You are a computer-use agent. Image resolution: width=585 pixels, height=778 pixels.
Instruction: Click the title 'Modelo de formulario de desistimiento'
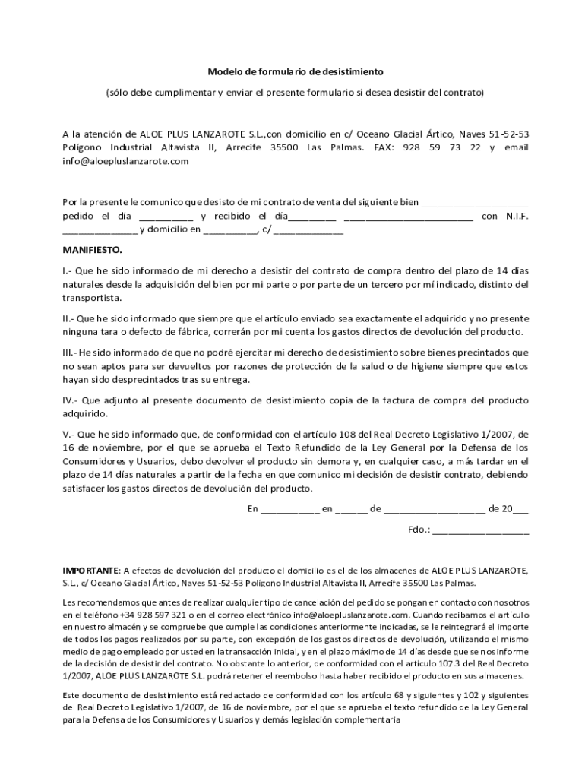296,72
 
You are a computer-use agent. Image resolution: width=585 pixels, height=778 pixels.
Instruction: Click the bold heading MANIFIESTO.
91,249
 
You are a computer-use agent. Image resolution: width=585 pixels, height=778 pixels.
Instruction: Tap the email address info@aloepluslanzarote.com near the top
125,161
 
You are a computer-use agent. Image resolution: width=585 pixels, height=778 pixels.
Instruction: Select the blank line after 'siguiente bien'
474,202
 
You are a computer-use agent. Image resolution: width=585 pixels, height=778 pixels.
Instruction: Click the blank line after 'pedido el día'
166,216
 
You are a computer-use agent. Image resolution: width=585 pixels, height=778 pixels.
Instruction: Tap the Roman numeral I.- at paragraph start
67,270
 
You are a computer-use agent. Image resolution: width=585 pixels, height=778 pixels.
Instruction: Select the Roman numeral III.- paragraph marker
69,353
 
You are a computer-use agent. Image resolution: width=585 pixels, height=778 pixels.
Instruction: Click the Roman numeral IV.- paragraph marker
69,400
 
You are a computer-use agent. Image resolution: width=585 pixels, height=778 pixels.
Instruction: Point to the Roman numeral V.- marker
68,435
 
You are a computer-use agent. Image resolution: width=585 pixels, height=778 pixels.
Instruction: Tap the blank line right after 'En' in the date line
289,509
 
